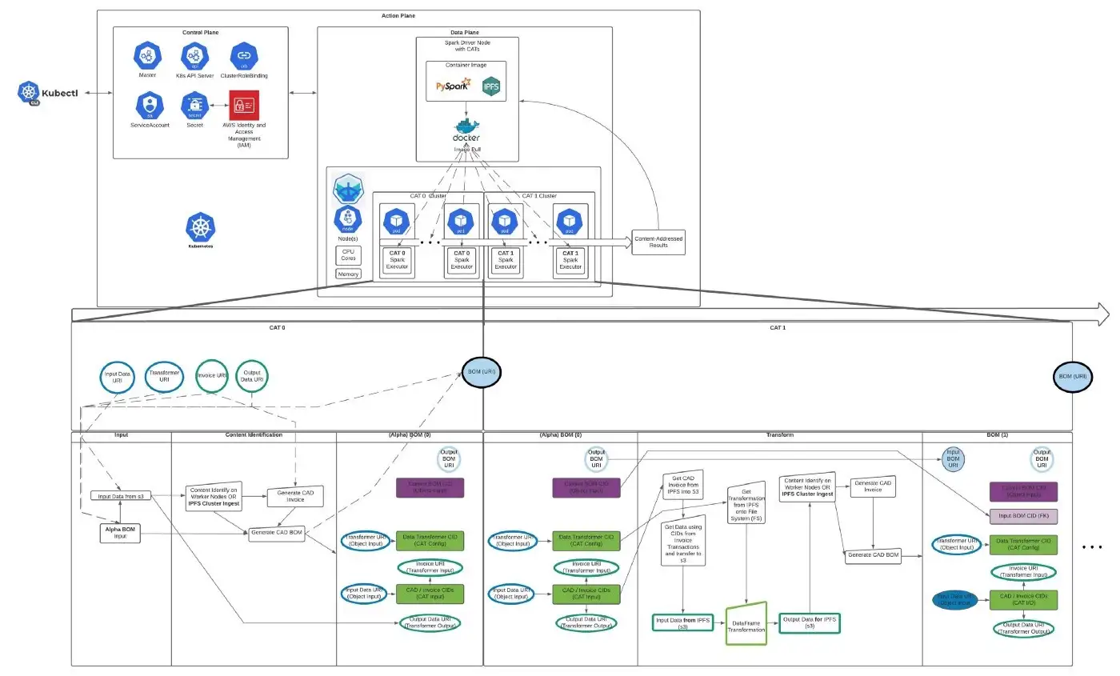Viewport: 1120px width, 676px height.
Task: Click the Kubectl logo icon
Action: click(x=30, y=93)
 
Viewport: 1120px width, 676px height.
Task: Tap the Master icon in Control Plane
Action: click(x=147, y=56)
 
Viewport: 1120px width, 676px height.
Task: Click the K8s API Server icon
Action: click(x=194, y=56)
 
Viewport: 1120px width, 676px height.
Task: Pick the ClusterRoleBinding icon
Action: click(x=243, y=56)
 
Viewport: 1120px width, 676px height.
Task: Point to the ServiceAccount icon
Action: click(x=149, y=105)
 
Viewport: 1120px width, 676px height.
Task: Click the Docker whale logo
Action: click(x=466, y=129)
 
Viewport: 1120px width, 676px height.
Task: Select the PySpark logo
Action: click(x=453, y=84)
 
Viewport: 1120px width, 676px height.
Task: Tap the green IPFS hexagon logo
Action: click(x=491, y=86)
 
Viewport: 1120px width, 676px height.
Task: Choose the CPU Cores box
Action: click(x=348, y=255)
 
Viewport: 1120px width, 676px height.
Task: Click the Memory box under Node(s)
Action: click(x=348, y=274)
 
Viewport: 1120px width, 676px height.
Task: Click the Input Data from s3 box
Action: click(x=121, y=496)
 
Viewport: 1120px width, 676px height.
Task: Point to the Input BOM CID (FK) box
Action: click(x=1022, y=516)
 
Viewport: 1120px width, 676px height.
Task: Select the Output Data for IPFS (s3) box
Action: click(x=810, y=622)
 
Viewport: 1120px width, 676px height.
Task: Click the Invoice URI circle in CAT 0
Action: click(x=212, y=375)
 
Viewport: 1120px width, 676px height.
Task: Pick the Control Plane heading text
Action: click(x=200, y=33)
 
